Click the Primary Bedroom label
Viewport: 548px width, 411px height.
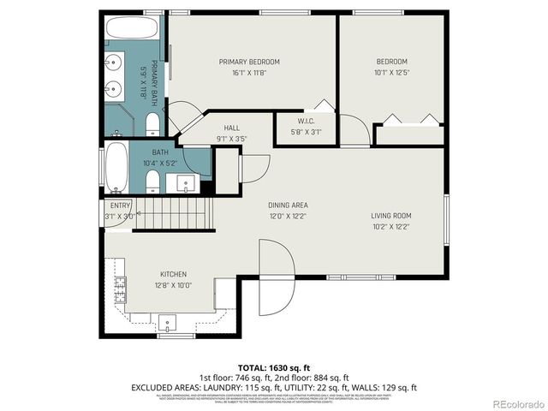pos(249,62)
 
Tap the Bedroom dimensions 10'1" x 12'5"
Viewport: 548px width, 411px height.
pos(391,73)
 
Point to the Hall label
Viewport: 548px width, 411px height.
pos(232,128)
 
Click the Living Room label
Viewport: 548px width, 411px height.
pos(391,215)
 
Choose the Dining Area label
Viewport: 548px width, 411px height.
pos(288,205)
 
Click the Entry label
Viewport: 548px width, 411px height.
pos(120,205)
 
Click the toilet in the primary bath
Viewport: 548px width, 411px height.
pos(152,126)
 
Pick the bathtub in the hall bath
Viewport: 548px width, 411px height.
pos(116,170)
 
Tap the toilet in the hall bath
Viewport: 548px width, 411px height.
pos(152,181)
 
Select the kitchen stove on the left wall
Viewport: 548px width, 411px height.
pos(120,289)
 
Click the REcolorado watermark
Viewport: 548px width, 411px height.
pos(514,402)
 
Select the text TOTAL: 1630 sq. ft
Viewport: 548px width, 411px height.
pos(273,366)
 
